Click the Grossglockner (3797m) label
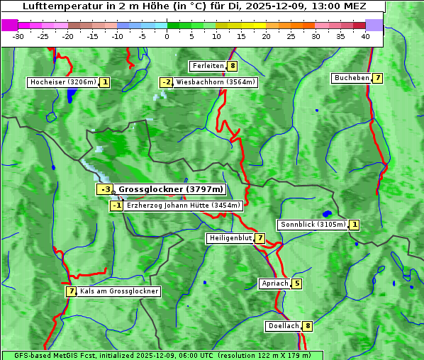click(x=170, y=189)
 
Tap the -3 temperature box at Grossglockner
click(x=104, y=189)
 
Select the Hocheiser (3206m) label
click(x=62, y=82)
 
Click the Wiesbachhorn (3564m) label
click(x=216, y=82)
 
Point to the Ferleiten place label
click(x=208, y=66)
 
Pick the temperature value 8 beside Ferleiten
click(x=233, y=66)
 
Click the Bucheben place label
click(x=352, y=78)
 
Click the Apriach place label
click(x=274, y=283)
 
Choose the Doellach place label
click(x=284, y=326)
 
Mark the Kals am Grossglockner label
click(x=119, y=291)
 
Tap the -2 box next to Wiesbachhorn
click(x=166, y=82)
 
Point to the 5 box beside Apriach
click(x=296, y=283)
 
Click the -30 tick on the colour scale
click(x=18, y=36)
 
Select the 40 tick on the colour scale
click(x=365, y=36)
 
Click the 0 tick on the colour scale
click(x=167, y=36)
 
